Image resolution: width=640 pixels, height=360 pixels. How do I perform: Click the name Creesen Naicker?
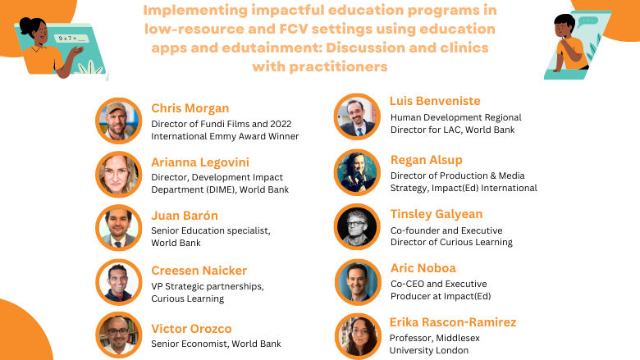point(199,270)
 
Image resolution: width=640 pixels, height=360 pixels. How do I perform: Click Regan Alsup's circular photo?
point(357,171)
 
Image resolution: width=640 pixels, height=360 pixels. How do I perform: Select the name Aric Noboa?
point(423,268)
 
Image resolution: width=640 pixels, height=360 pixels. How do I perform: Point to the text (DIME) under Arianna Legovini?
point(225,189)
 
